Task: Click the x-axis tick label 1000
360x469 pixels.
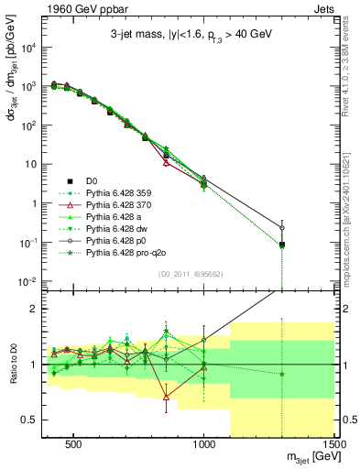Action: [204, 442]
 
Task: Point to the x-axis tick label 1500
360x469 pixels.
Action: [334, 442]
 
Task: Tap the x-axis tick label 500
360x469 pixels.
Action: [74, 442]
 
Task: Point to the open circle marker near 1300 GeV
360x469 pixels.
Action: [282, 227]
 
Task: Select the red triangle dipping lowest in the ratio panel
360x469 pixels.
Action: [166, 397]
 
